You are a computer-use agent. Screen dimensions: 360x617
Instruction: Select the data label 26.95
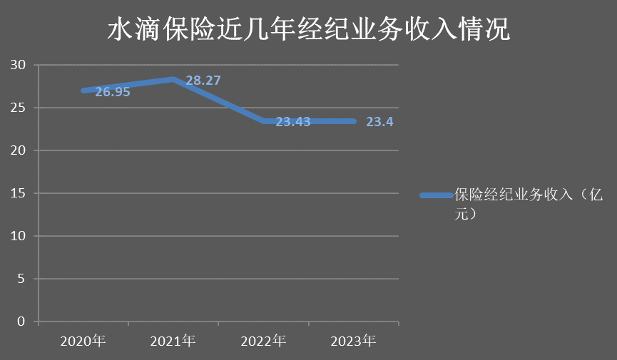pos(113,92)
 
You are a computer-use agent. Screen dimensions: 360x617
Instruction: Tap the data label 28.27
pos(203,81)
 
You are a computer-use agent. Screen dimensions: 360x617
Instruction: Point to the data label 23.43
pos(293,122)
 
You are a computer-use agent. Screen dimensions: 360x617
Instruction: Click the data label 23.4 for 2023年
pos(379,122)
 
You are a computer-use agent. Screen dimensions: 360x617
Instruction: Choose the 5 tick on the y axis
pos(22,279)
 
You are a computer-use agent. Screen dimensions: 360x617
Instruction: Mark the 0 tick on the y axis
pos(22,322)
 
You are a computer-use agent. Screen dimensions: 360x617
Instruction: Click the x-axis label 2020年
pos(83,341)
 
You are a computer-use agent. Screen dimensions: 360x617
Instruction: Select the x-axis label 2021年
pos(173,341)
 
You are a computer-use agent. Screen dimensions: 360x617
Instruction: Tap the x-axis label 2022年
pos(264,341)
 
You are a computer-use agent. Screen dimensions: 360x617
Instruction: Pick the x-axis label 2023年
pos(354,341)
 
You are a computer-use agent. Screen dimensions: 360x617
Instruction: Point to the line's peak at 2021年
pos(173,79)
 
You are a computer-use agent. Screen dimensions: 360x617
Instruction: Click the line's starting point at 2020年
pos(83,91)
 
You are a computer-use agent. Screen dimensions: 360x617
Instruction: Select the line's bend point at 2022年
pos(264,121)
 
